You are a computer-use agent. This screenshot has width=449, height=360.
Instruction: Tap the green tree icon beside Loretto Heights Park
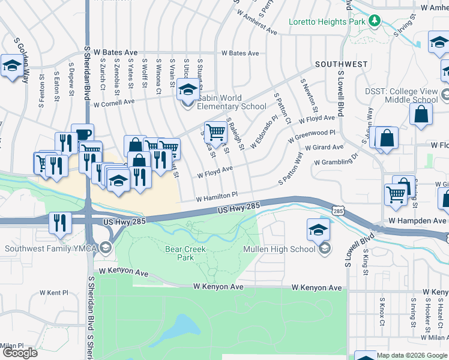click(x=375, y=20)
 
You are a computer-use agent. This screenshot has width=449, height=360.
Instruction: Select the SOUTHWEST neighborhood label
click(x=342, y=64)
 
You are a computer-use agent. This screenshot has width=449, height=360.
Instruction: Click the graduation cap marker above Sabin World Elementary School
click(x=188, y=90)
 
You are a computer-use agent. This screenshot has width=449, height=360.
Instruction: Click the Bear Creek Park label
click(x=185, y=253)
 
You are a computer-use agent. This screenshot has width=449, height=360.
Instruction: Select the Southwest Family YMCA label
click(x=51, y=248)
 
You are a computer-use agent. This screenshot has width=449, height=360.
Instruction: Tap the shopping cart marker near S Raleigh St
click(x=215, y=130)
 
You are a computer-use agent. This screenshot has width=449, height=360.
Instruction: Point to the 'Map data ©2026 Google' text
click(x=412, y=355)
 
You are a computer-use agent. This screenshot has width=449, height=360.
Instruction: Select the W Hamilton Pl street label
click(x=217, y=196)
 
